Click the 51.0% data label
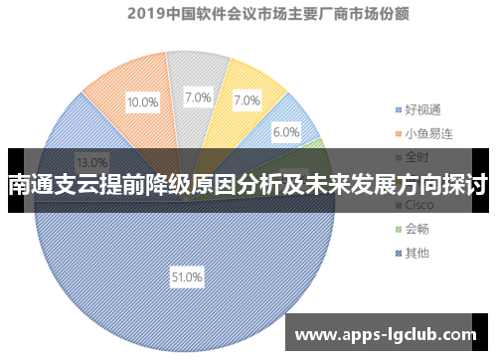point(186,277)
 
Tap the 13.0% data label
point(92,162)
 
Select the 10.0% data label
point(142,101)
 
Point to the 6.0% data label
point(286,132)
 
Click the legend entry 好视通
point(421,108)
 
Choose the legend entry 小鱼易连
point(427,132)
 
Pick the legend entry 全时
point(415,156)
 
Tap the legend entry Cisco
point(417,204)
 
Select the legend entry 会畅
point(415,229)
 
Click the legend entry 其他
point(415,253)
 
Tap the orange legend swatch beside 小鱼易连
point(396,132)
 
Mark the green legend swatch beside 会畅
point(396,229)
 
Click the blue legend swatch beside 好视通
point(396,108)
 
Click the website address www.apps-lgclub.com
point(387,335)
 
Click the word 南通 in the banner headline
point(30,184)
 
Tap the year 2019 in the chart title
point(145,15)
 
